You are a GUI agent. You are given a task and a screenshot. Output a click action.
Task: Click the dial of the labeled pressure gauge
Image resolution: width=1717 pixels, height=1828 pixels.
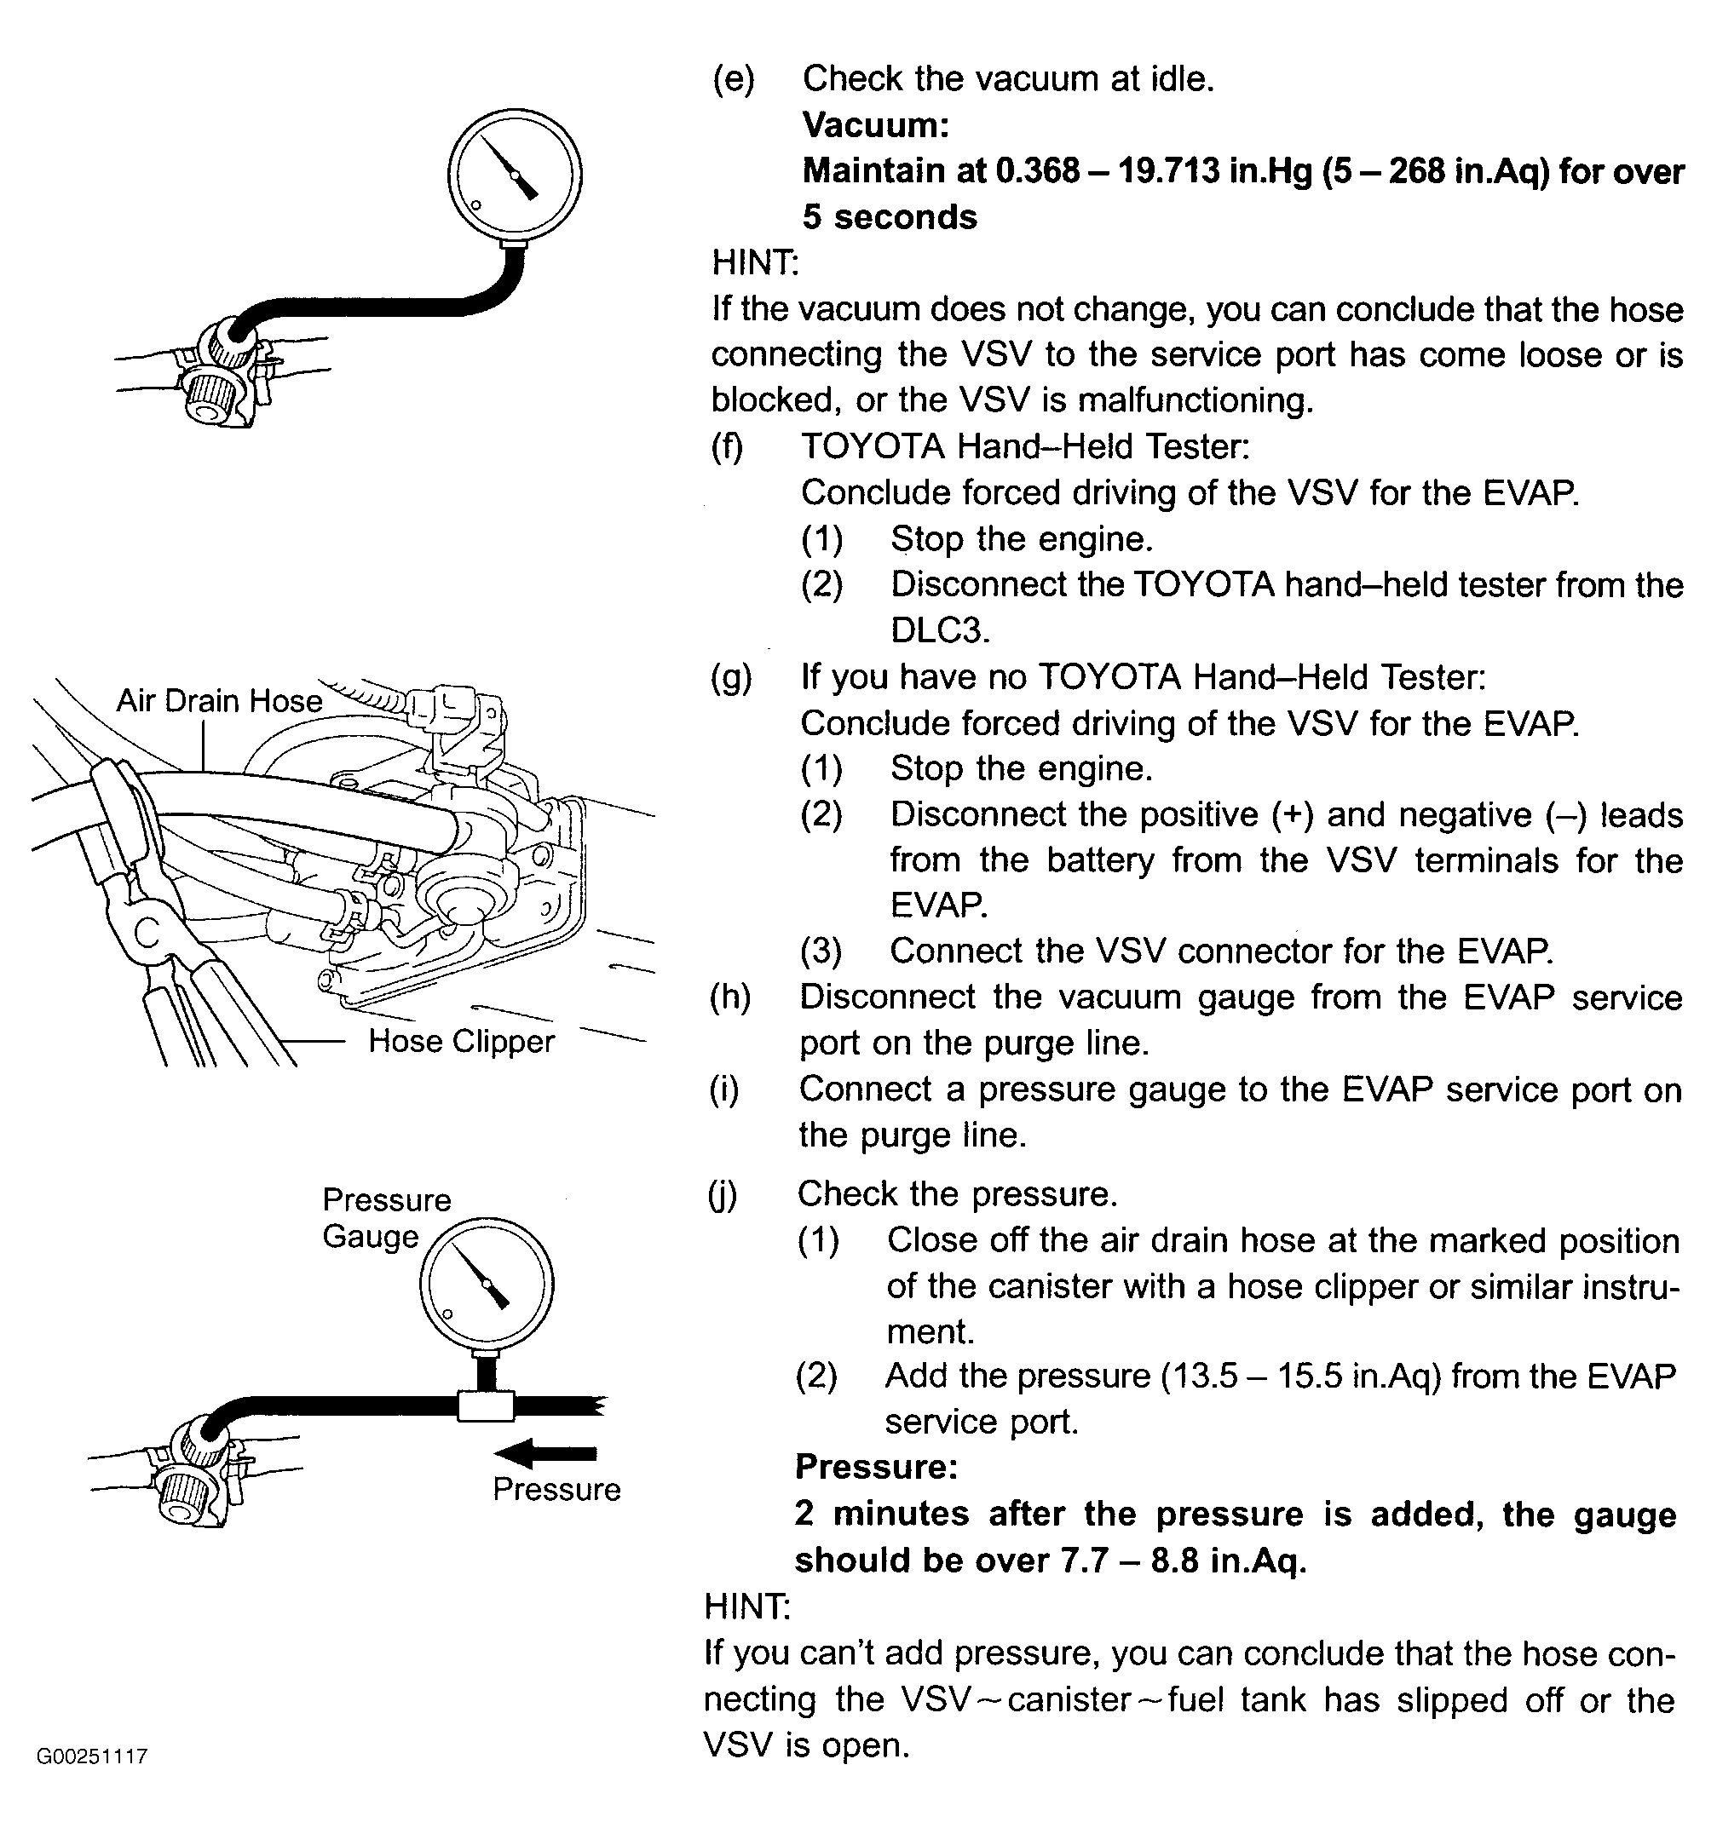487,1284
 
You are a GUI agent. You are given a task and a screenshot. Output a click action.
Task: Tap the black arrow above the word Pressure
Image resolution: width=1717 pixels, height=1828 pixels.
544,1454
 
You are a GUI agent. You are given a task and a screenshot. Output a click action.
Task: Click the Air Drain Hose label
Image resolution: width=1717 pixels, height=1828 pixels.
219,701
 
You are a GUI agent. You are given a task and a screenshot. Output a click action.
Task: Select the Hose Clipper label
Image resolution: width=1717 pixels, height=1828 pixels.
461,1041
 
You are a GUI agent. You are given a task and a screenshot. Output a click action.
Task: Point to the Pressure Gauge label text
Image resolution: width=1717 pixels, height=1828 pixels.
386,1218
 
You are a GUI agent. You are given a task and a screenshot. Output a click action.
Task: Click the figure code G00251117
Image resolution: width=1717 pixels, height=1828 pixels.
92,1756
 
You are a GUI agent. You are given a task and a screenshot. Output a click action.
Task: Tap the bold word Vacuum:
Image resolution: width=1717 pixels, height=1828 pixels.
875,125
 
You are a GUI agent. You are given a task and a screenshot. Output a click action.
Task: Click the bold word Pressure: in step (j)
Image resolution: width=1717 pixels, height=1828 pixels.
875,1467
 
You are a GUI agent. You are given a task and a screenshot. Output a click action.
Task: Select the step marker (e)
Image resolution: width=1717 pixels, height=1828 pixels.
733,79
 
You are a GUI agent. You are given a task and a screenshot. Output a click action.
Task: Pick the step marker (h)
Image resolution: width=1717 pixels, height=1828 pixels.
730,997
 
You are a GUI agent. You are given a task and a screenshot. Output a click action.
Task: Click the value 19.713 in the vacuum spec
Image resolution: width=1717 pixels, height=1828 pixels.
1168,171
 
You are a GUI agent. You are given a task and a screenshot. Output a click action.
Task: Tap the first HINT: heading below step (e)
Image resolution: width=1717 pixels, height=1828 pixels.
755,263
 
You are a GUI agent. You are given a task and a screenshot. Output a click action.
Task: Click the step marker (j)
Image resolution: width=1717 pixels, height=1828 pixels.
723,1194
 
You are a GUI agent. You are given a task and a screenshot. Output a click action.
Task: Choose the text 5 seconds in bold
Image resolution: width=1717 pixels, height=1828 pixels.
890,217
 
